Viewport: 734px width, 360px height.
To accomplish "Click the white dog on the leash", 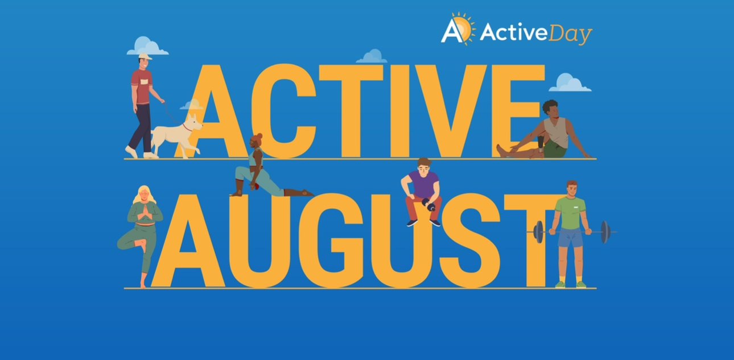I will (175, 134).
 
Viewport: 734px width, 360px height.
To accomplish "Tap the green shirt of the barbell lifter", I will (570, 212).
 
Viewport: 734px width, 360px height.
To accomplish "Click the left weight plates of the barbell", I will (538, 232).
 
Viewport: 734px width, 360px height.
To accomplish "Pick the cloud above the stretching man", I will (569, 83).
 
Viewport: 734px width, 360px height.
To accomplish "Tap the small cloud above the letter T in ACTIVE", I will (372, 56).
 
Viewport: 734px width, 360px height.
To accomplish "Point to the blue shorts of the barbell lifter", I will (570, 238).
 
